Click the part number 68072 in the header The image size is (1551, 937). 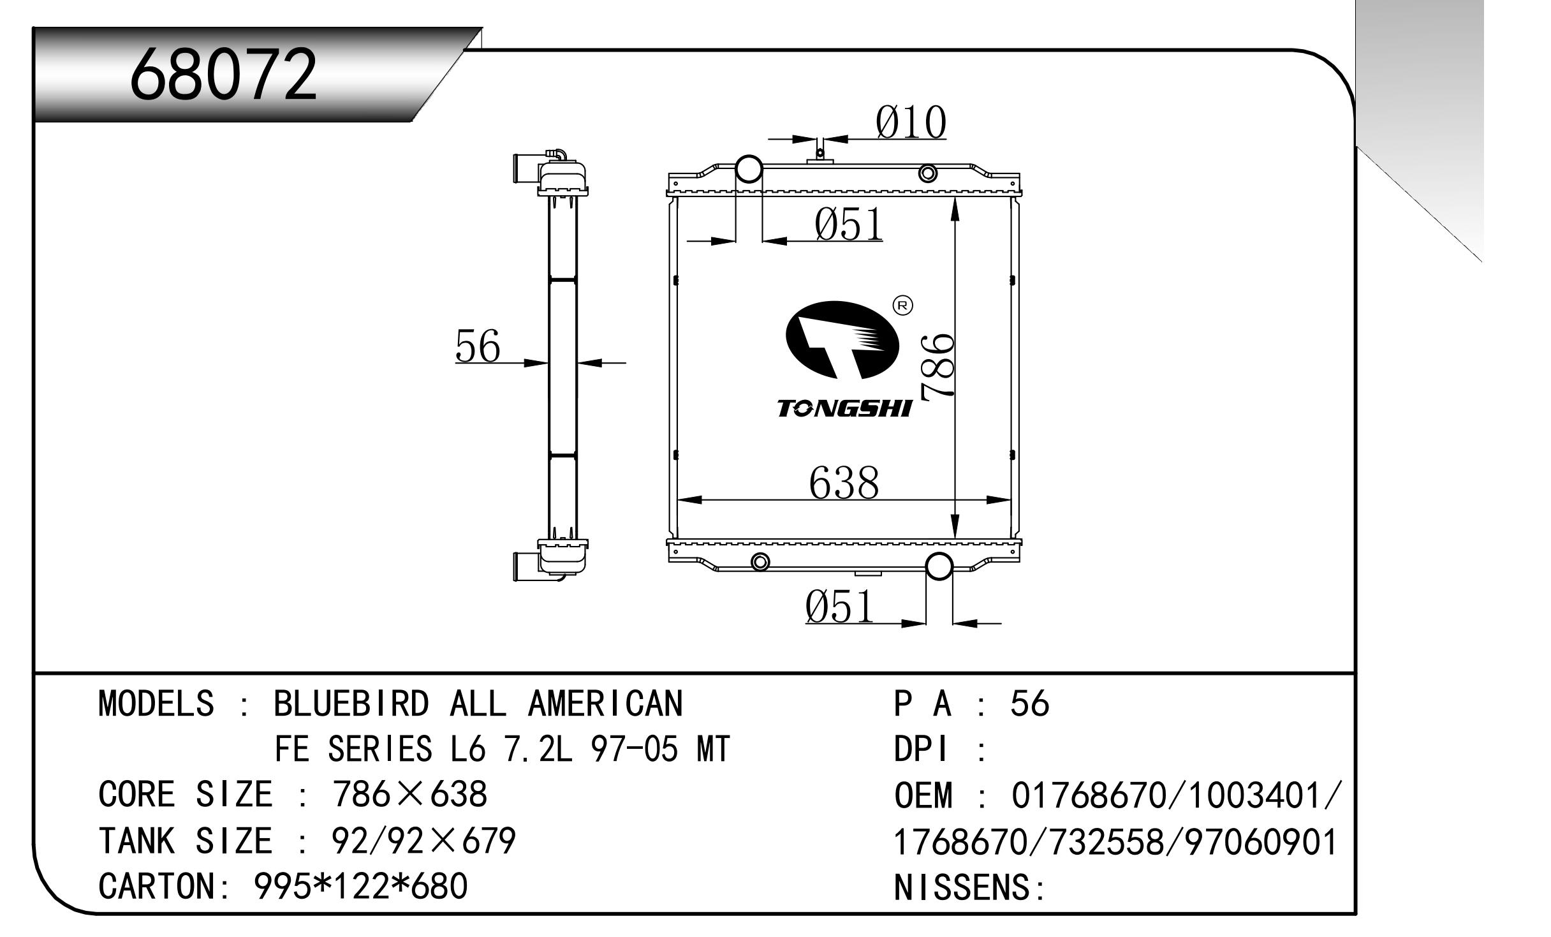coord(223,75)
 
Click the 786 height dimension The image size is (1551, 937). coord(937,367)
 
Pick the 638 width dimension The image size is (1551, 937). coord(844,482)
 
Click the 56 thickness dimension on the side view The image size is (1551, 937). coord(478,346)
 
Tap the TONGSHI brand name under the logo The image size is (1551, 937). coord(844,409)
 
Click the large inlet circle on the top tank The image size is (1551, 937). coord(749,169)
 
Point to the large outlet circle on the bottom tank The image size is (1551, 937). coord(939,566)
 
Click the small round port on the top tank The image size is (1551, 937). coord(928,173)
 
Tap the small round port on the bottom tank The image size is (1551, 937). coord(760,562)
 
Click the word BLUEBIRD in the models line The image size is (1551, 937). coord(351,704)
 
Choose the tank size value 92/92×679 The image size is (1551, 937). coord(423,841)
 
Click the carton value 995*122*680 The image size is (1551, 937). coord(361,886)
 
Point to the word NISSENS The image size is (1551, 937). coord(962,887)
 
